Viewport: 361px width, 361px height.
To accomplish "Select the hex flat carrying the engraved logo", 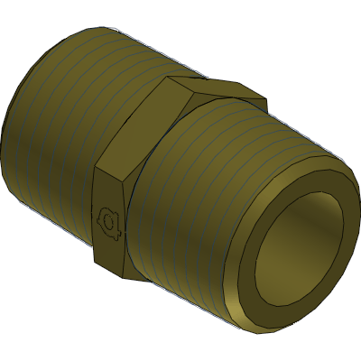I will [x=109, y=217].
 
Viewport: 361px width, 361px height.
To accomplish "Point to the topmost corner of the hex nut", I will [x=167, y=78].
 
